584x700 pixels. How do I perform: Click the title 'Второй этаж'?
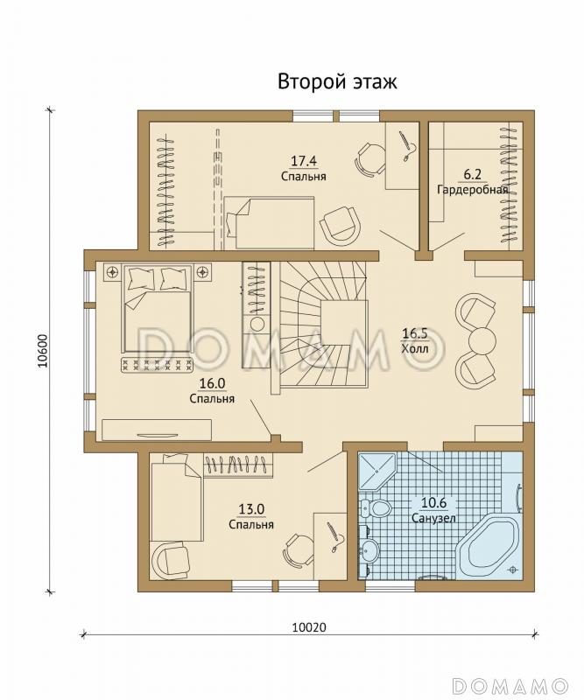[x=337, y=82]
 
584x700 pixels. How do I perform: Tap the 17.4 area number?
[x=304, y=160]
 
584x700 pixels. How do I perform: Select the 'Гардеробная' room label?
[x=472, y=190]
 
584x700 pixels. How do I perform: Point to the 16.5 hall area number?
[x=415, y=333]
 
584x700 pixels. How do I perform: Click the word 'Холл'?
[x=415, y=348]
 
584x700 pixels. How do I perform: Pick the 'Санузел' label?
[x=434, y=518]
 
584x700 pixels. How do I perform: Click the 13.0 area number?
[x=251, y=509]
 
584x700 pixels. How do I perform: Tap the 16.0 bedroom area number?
[x=212, y=382]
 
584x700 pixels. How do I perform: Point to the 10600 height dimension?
[x=42, y=351]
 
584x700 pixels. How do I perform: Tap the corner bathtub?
[x=490, y=546]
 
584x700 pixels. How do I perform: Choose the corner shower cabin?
[x=376, y=471]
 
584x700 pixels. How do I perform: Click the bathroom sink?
[x=369, y=549]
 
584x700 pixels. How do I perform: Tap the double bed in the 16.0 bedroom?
[x=158, y=309]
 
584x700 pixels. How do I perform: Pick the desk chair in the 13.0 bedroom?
[x=297, y=549]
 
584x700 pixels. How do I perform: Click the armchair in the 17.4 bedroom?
[x=340, y=226]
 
